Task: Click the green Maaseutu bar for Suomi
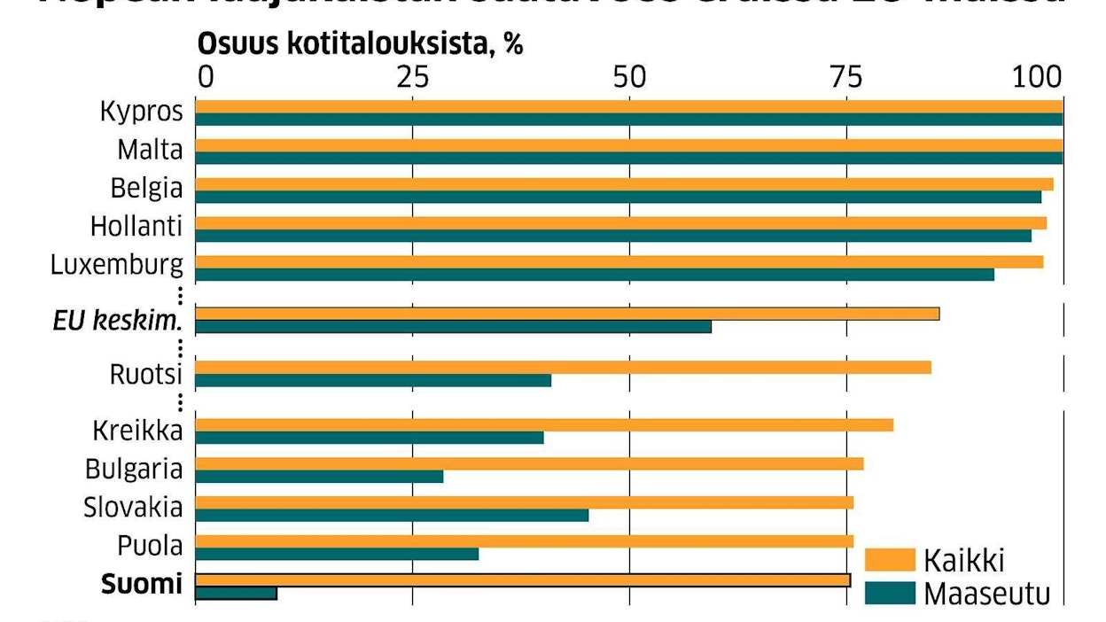coord(236,594)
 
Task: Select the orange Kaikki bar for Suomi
coord(522,580)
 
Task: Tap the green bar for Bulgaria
coord(319,477)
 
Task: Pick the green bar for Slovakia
coord(392,516)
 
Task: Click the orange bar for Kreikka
coord(544,425)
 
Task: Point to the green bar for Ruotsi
coord(373,381)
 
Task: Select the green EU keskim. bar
coord(453,327)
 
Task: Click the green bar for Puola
coord(337,555)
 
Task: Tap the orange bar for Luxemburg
coord(619,262)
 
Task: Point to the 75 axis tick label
coord(847,78)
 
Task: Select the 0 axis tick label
coord(206,78)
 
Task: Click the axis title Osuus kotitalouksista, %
coord(360,45)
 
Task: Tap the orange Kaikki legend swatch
coord(889,560)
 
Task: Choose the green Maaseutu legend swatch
coord(889,593)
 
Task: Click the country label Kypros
coord(142,113)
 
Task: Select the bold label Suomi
coord(142,584)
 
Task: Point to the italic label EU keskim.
coord(117,321)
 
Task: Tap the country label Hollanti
coord(136,227)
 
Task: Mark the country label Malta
coord(150,151)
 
